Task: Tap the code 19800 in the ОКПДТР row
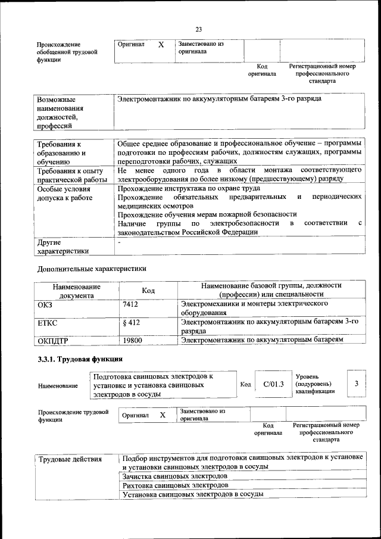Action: click(132, 340)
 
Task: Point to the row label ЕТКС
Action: click(48, 323)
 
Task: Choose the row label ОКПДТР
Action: click(53, 341)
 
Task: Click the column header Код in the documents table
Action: click(148, 291)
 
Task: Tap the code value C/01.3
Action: click(274, 384)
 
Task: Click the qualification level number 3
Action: click(356, 384)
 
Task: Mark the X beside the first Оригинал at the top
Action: click(161, 45)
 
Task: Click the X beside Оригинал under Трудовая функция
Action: click(162, 415)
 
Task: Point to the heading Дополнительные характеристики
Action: click(91, 269)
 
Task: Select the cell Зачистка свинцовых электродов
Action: click(174, 476)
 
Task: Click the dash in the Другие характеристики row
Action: click(119, 242)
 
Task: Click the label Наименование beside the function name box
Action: click(58, 386)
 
